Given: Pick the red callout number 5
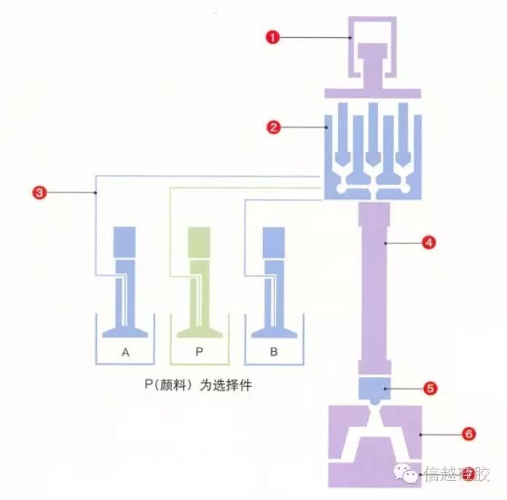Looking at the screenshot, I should (x=430, y=388).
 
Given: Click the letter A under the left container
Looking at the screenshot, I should (x=125, y=353).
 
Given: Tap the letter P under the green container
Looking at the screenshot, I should (x=199, y=353).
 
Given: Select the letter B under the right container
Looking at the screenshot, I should (x=273, y=353).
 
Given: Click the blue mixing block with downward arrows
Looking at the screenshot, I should (x=372, y=149).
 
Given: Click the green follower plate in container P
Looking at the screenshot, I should (x=199, y=331).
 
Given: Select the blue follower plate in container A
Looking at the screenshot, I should (x=125, y=331).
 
